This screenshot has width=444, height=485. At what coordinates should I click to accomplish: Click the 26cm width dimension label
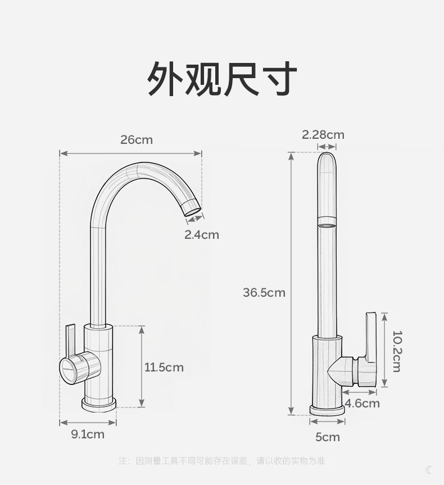click(136, 139)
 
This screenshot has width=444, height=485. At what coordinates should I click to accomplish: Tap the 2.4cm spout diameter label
click(202, 235)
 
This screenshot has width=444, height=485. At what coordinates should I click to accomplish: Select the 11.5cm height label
click(164, 368)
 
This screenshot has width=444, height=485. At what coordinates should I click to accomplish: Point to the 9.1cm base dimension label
click(87, 434)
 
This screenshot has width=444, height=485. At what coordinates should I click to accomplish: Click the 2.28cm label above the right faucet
click(323, 135)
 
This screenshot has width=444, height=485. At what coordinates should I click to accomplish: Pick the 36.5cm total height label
click(264, 292)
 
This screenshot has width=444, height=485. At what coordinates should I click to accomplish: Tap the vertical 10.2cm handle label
click(396, 351)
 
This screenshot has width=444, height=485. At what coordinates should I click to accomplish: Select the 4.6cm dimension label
click(362, 404)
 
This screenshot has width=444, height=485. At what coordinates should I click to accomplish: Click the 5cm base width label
click(327, 437)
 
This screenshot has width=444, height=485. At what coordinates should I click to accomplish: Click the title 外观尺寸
click(222, 79)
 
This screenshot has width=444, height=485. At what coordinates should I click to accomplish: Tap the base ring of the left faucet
click(99, 404)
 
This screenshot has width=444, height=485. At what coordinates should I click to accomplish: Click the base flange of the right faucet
click(327, 410)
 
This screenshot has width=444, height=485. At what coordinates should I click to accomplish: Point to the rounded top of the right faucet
click(327, 160)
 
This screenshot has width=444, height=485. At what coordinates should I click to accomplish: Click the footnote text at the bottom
click(222, 461)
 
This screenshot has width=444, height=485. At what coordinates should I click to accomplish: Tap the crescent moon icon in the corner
click(429, 470)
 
